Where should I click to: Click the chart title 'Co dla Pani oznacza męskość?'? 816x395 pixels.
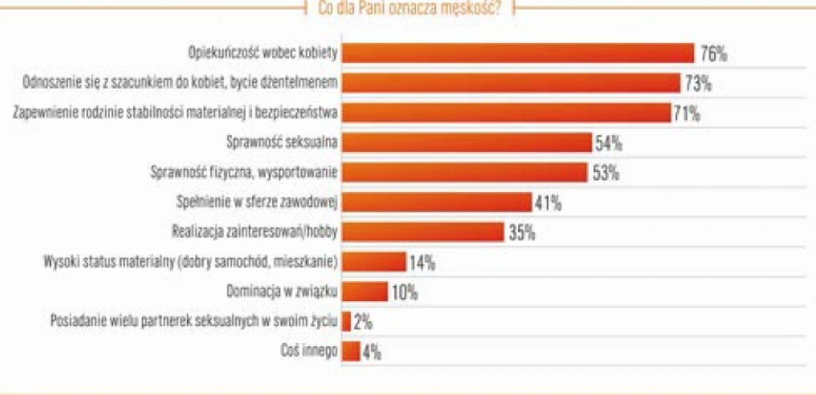coord(409,8)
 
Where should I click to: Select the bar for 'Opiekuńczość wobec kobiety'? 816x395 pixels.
coord(518,53)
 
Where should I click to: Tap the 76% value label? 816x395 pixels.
coord(714,54)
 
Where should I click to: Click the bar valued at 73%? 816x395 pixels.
coord(511,83)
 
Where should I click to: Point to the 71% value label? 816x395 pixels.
coord(686,114)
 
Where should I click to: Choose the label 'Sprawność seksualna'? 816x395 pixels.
coord(282,142)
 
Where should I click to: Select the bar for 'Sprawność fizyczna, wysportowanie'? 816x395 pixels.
coord(465,172)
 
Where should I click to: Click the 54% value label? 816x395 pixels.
coord(608,143)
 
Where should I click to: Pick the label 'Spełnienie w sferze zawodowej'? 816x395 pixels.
coord(257,202)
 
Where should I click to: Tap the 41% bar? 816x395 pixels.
coord(436,202)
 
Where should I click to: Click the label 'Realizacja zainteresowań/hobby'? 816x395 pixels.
coord(255,232)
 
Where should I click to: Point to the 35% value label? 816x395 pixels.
coord(522,233)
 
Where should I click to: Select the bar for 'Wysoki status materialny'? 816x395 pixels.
coord(374,262)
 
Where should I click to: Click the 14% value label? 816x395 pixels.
coord(422,263)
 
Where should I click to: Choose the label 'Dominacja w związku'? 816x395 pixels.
coord(282,292)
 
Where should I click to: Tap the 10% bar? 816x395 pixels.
coord(365,292)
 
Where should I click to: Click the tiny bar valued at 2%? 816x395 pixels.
coord(346,321)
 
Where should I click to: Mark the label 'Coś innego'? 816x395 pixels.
coord(309,351)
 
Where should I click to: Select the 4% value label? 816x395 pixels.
coord(372,352)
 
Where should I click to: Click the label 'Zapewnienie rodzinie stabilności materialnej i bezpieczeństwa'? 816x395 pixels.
coord(175,112)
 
